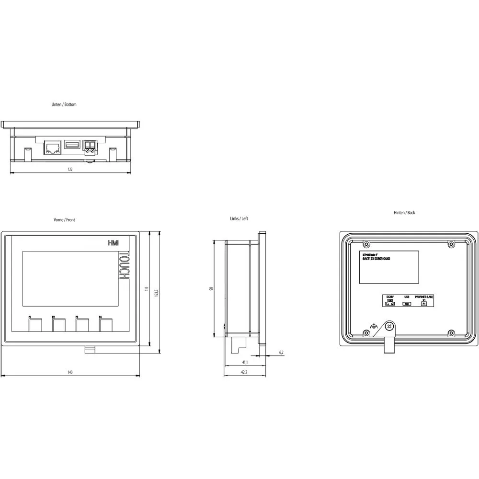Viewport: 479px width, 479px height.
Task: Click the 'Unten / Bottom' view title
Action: [x=64, y=104]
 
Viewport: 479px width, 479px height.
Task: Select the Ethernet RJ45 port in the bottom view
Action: [x=52, y=147]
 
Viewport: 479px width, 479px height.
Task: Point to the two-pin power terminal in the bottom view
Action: [x=90, y=147]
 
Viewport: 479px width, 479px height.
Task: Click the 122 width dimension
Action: [x=70, y=170]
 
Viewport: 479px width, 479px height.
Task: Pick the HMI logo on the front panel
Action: [x=113, y=244]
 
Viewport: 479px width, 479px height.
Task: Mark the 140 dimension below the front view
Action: [x=70, y=372]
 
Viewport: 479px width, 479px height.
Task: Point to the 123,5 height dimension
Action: [x=156, y=292]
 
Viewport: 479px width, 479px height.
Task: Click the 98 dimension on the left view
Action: [x=211, y=289]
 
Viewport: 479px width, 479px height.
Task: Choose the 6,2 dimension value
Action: [x=281, y=353]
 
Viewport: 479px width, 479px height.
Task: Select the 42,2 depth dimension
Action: [x=244, y=372]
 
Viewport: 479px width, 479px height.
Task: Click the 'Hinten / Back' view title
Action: [x=404, y=213]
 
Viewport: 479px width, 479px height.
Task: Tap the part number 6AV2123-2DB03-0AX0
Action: [x=376, y=259]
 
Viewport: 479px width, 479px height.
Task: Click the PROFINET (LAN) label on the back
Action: [x=424, y=297]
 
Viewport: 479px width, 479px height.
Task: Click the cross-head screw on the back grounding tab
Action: [x=389, y=326]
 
